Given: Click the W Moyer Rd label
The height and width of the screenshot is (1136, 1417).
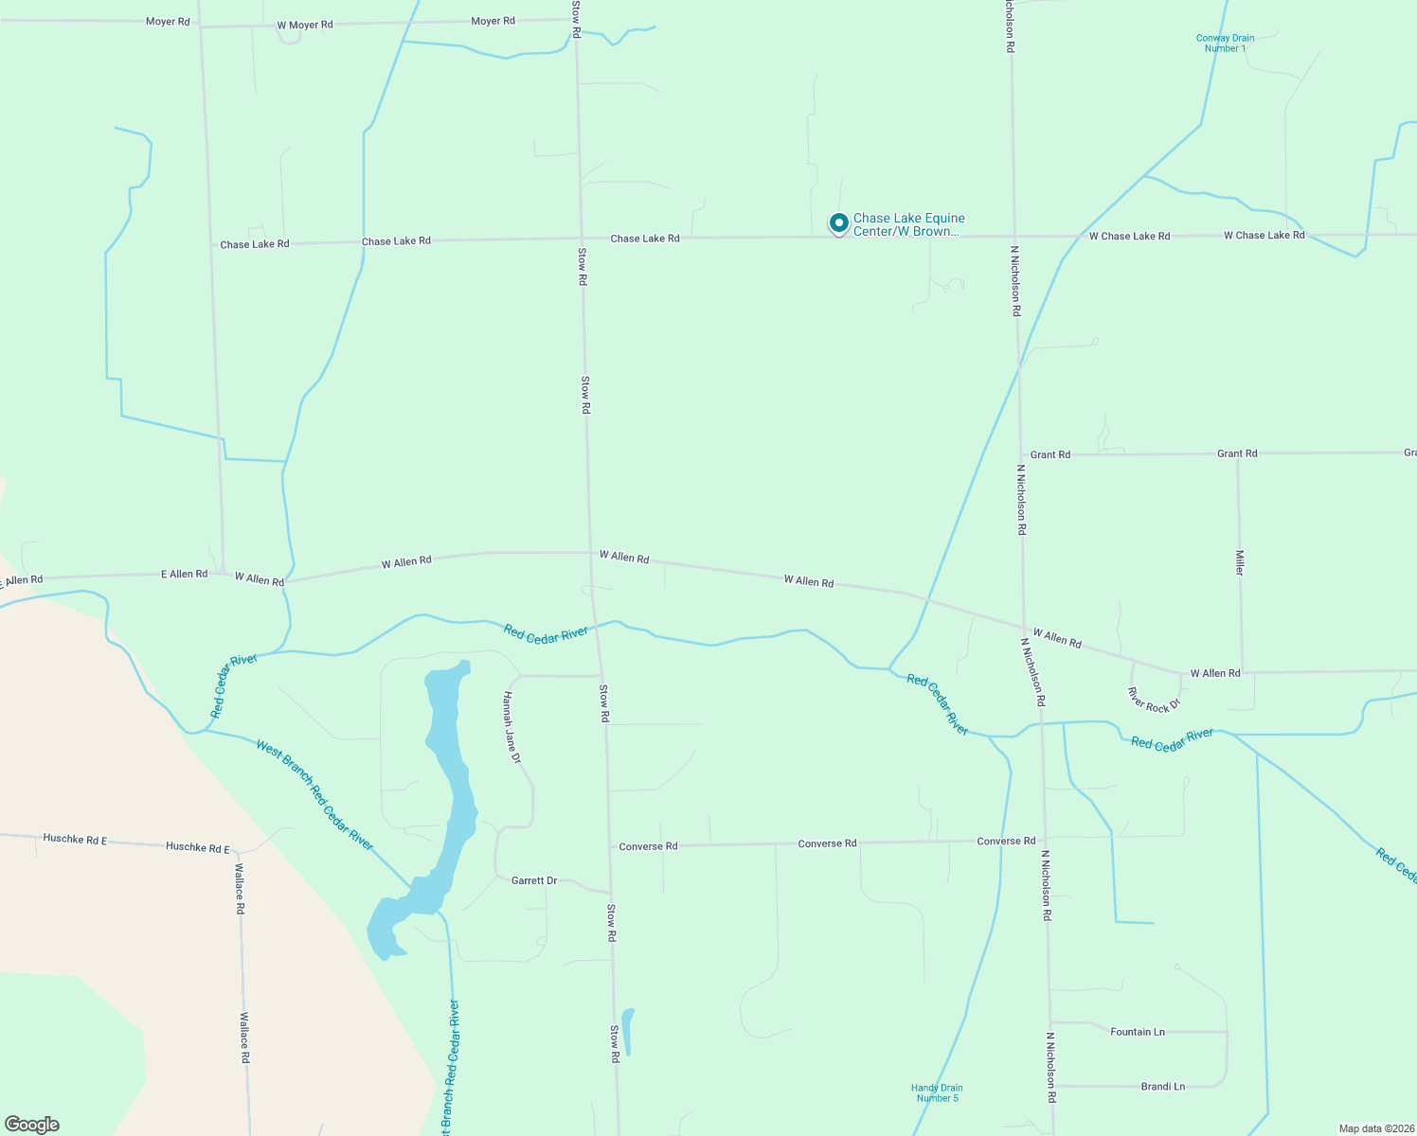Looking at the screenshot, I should pyautogui.click(x=305, y=25).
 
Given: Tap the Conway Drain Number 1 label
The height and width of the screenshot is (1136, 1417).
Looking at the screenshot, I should pyautogui.click(x=1225, y=44).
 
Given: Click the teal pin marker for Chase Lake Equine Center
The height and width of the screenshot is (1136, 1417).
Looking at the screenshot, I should pyautogui.click(x=838, y=222).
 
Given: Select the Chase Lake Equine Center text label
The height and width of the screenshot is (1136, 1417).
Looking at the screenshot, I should pyautogui.click(x=908, y=224).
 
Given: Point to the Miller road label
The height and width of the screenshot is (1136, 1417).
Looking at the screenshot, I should pyautogui.click(x=1239, y=562).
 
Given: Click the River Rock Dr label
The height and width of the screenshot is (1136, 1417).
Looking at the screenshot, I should pyautogui.click(x=1154, y=701).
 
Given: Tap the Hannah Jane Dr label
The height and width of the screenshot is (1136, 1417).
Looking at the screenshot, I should pyautogui.click(x=511, y=727).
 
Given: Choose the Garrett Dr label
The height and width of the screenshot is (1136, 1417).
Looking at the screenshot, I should pyautogui.click(x=534, y=880).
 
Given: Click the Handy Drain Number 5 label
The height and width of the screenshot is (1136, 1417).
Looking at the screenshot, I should pyautogui.click(x=937, y=1093).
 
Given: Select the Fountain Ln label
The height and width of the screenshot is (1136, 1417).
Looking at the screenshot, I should pyautogui.click(x=1137, y=1032).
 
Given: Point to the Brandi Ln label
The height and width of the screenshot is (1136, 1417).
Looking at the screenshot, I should pyautogui.click(x=1162, y=1087).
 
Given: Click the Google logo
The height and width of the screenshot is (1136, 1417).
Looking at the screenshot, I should pyautogui.click(x=32, y=1125).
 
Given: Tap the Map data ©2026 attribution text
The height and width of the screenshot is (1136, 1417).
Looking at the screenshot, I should pyautogui.click(x=1374, y=1128).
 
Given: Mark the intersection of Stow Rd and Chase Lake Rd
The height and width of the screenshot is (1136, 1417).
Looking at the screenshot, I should pyautogui.click(x=580, y=239).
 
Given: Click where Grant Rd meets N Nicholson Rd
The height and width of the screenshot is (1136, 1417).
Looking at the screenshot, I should pyautogui.click(x=1021, y=454).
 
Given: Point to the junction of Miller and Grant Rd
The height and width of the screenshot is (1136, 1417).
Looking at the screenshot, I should pyautogui.click(x=1238, y=453).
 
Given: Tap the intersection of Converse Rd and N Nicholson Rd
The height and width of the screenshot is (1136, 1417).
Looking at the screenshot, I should pyautogui.click(x=1044, y=840).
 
